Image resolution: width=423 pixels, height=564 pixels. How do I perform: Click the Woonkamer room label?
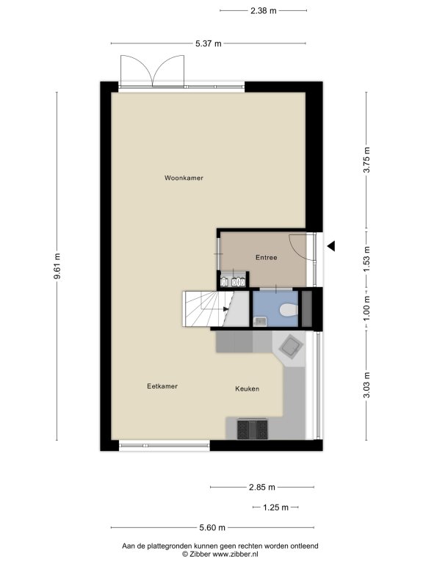[184, 178]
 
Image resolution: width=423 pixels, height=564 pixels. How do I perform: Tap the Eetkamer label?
[162, 386]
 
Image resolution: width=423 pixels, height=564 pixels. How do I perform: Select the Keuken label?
[247, 388]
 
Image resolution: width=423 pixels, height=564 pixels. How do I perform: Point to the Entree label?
[266, 258]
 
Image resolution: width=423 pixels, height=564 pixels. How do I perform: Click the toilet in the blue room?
[289, 310]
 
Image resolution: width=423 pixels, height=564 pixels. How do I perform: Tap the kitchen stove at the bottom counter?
[252, 429]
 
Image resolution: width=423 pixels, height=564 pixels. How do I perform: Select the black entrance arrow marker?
[331, 246]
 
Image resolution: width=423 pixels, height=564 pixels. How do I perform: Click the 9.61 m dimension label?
[57, 267]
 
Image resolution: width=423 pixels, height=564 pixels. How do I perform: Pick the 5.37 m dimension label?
[209, 44]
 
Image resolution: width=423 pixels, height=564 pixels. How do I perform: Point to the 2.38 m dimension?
[264, 11]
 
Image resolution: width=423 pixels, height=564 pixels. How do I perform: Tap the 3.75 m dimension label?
[366, 160]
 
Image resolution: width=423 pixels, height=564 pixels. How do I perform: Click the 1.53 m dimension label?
[366, 259]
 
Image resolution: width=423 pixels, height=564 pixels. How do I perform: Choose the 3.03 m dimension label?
[366, 386]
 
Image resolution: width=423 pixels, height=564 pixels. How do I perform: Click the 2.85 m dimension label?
[262, 488]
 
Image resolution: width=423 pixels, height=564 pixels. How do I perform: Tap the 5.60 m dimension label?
[212, 528]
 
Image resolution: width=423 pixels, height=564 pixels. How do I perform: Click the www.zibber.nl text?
[235, 554]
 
